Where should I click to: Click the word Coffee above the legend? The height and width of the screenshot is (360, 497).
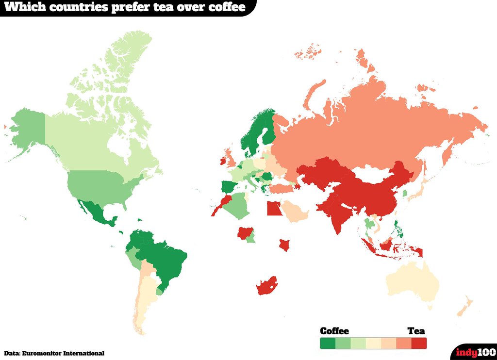point(334,331)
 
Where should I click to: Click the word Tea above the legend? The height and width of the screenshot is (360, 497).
point(416,331)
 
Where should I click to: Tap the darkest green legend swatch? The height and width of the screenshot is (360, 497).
point(328,343)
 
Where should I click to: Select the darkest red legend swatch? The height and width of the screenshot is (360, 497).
point(419,343)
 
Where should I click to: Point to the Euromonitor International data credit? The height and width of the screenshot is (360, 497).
point(54,353)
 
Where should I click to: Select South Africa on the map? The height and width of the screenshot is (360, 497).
point(265,287)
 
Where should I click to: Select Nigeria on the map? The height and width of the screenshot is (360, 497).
point(245,233)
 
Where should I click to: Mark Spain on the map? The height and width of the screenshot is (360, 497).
point(228,187)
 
